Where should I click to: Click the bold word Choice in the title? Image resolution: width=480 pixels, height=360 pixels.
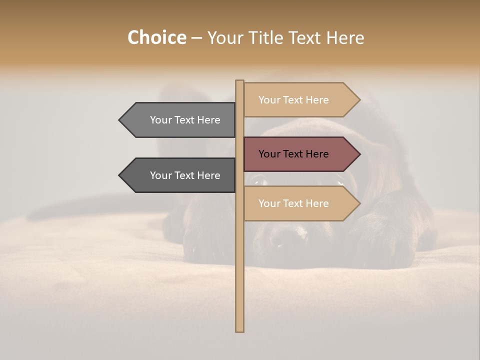156,37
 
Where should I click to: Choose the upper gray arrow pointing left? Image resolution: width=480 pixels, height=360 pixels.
180,120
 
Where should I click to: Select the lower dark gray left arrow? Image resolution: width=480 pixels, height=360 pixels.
180,175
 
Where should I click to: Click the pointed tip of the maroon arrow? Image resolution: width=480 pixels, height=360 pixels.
358,154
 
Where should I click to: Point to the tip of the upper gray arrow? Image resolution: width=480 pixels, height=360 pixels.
120,120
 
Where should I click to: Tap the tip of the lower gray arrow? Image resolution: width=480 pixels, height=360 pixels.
120,175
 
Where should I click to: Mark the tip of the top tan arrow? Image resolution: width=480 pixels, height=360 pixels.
358,100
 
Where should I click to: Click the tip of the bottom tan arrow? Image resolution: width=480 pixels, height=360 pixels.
358,203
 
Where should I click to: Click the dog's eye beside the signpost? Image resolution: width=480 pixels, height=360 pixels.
259,180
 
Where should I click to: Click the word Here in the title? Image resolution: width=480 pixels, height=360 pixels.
345,38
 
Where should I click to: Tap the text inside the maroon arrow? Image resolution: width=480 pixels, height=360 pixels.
293,154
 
